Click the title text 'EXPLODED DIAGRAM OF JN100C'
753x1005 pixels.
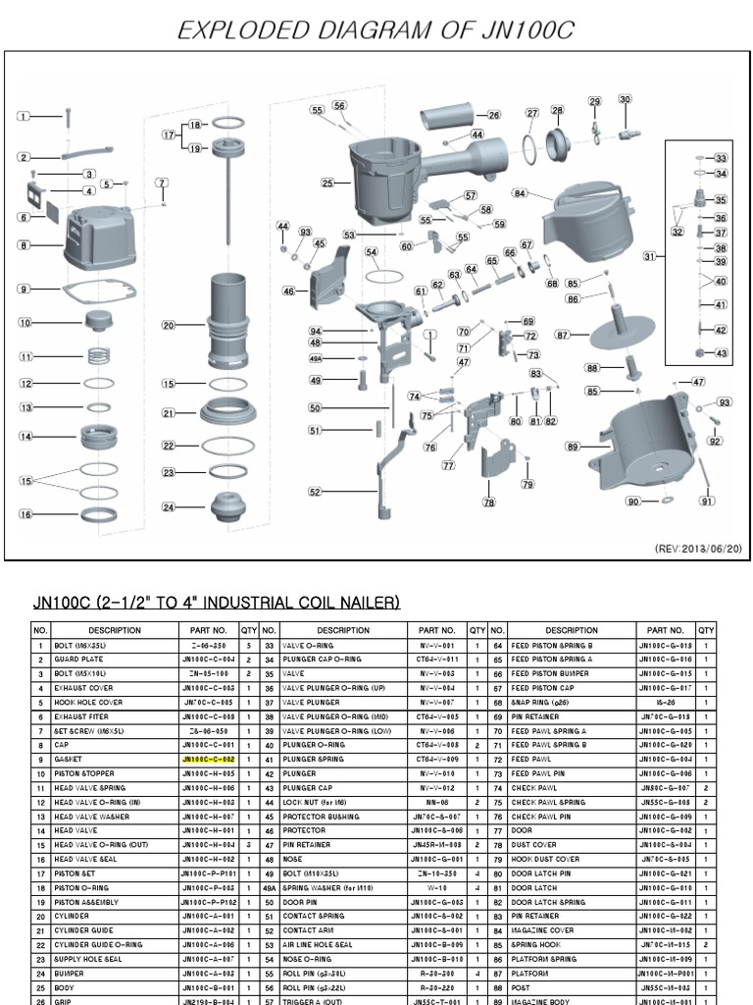[376, 30]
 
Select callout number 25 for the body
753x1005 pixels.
[327, 183]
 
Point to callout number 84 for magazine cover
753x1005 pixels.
[520, 194]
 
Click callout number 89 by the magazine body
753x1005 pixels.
[574, 447]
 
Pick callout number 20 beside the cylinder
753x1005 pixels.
[169, 326]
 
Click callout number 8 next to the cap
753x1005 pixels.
[24, 244]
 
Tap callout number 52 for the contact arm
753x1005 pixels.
[315, 492]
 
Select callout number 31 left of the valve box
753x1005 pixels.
[649, 257]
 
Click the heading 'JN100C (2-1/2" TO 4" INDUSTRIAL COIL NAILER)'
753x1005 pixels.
[217, 602]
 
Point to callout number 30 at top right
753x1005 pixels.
[626, 99]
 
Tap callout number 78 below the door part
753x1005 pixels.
[489, 502]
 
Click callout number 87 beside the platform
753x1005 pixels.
[563, 335]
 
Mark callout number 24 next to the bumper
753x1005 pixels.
[169, 507]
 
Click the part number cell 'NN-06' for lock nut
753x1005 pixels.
[436, 803]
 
